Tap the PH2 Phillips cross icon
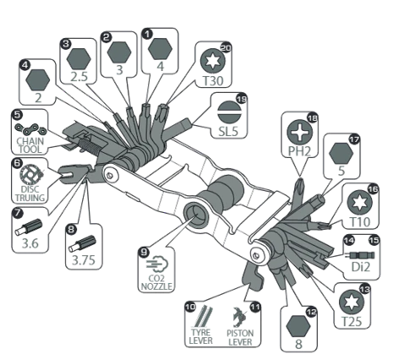coord(302,132)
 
